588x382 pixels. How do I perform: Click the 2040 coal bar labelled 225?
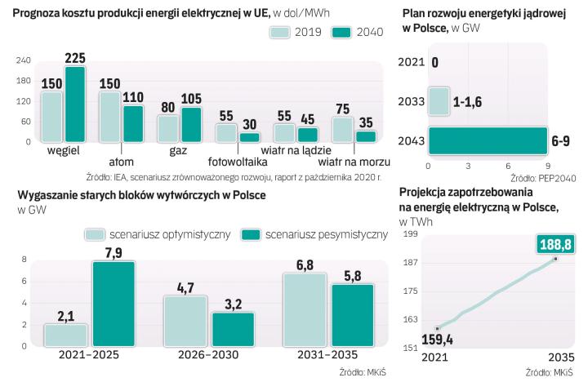[75, 104]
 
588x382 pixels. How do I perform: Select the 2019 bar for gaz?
[168, 128]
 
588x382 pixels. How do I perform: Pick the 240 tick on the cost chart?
[24, 60]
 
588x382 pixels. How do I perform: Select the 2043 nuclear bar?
[488, 140]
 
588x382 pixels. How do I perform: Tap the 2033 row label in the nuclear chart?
[409, 101]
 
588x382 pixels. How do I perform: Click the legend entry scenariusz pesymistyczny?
[326, 234]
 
